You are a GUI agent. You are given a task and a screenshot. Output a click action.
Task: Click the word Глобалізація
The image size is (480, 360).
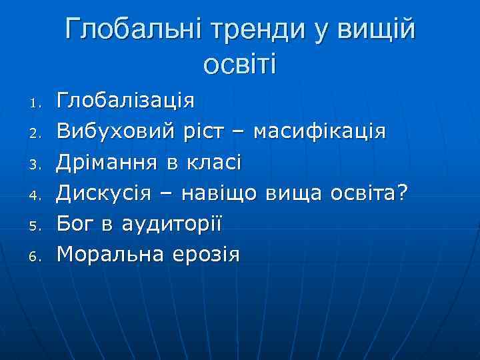[x=125, y=101]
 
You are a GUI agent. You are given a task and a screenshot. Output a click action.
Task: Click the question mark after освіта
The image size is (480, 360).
[x=402, y=193]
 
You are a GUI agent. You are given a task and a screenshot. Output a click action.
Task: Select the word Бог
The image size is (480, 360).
[x=76, y=223]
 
